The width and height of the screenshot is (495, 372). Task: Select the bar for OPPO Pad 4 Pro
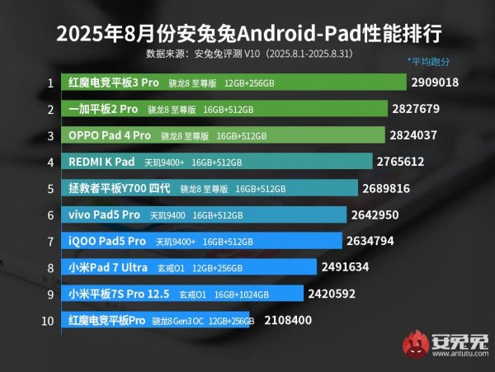223,135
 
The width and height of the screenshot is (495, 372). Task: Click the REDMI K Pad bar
215,162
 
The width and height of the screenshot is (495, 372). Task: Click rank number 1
50,82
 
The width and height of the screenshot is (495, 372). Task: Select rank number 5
50,188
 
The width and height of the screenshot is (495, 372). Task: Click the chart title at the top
247,34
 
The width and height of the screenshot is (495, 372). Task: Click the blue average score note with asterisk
431,63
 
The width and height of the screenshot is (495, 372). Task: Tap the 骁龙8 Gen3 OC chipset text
177,320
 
